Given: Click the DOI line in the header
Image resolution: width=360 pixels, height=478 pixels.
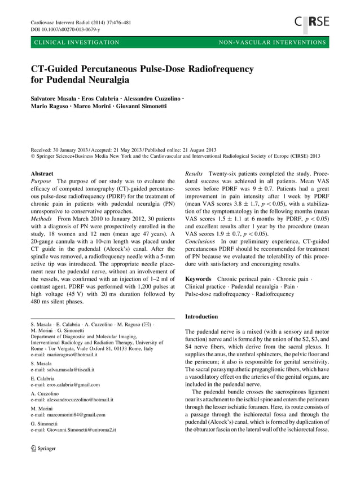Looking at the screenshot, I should pos(65,29).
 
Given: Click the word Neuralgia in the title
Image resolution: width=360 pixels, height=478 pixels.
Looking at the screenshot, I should pos(107,81).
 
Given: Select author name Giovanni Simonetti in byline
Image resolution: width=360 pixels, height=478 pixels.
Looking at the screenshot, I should pos(143,107).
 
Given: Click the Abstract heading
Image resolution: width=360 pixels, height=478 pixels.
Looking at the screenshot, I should pos(43,175).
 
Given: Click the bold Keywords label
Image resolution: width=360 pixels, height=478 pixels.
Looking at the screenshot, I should pos(199,278).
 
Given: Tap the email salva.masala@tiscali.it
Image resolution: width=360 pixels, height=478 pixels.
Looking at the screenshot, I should pos(62,370).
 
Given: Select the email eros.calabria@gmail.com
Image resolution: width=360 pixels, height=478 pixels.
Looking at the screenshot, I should pos(65,384).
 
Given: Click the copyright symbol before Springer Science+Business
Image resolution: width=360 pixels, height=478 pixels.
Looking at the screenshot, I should pos(32,156).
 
